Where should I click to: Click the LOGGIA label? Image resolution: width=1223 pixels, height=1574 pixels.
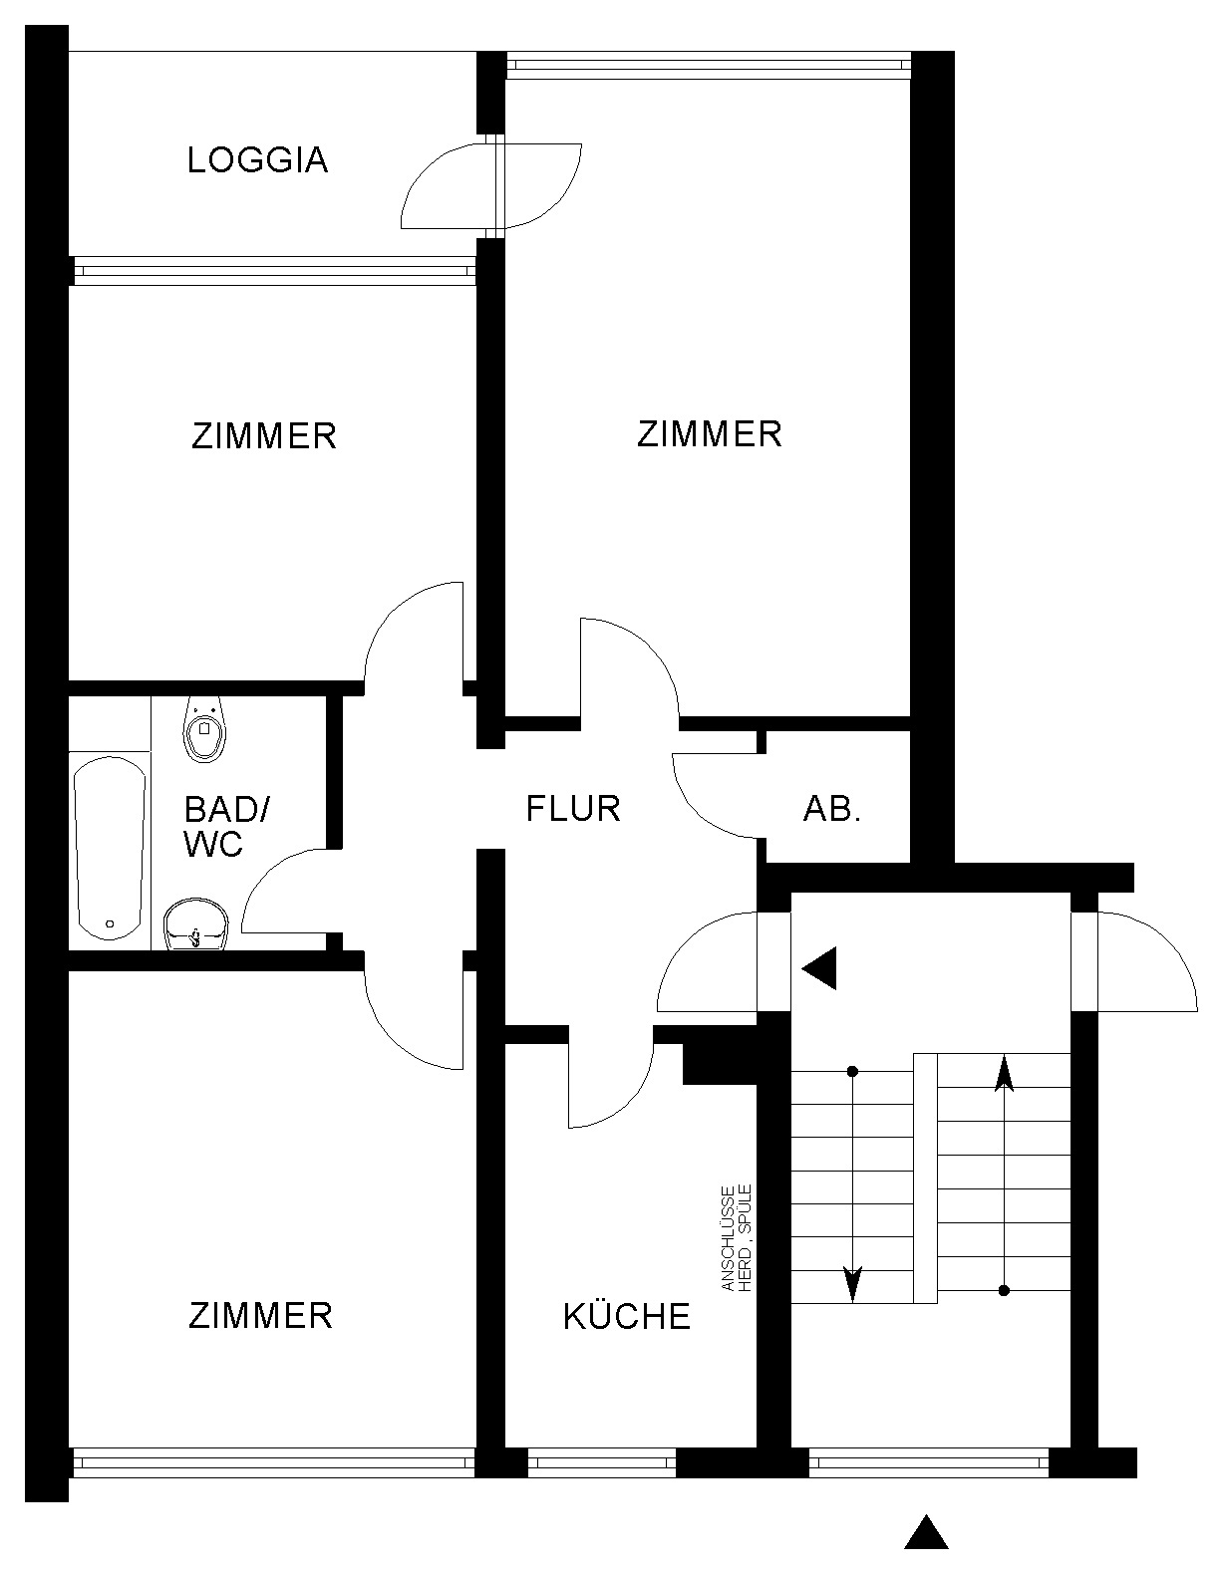[x=257, y=160]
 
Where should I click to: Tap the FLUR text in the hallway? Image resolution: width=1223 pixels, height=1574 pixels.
[x=573, y=809]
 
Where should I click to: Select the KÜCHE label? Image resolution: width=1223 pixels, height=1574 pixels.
[x=627, y=1316]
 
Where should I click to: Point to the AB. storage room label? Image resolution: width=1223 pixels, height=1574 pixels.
[x=831, y=809]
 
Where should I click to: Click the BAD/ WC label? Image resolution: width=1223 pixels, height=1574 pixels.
[x=226, y=827]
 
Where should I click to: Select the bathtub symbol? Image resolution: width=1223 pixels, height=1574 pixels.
[x=110, y=848]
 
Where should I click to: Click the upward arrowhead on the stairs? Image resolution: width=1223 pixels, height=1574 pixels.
[x=1004, y=1074]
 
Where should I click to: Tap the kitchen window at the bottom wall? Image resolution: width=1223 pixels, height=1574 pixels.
[x=601, y=1461]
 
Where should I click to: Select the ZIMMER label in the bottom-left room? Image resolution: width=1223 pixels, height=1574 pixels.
[x=261, y=1315]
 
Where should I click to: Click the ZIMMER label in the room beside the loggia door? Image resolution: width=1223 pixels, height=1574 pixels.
[x=710, y=434]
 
